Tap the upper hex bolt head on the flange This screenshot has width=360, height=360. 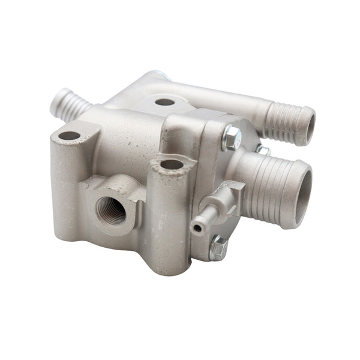click(x=231, y=139)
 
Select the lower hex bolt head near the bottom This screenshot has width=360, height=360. click(x=218, y=247)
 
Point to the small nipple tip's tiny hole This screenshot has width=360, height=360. click(x=196, y=228)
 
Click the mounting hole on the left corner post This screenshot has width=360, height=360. click(x=69, y=136)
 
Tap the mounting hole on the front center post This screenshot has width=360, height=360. click(x=172, y=164)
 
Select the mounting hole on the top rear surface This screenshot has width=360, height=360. click(x=164, y=102)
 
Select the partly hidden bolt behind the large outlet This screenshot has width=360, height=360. click(x=262, y=148)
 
